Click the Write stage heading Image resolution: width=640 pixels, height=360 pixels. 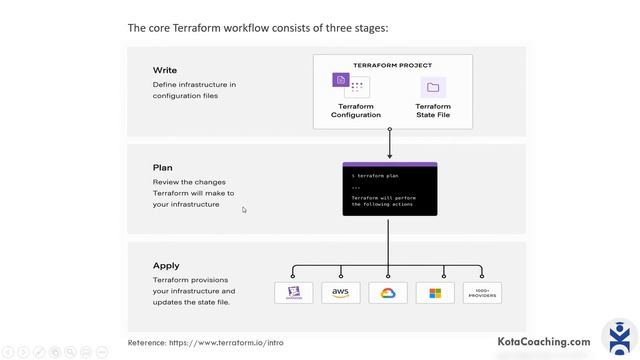click(165, 70)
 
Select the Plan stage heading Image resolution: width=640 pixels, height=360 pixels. click(163, 168)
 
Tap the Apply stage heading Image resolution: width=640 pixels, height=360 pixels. click(166, 266)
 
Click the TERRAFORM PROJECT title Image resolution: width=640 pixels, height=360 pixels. click(392, 65)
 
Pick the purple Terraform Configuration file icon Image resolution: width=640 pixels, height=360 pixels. click(341, 80)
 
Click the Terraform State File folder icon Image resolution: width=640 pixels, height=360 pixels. click(433, 87)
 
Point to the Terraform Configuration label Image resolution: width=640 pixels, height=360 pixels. click(356, 110)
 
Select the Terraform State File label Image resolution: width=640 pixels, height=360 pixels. click(433, 110)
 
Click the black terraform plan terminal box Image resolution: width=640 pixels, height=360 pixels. click(389, 189)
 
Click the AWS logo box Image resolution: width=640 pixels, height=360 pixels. click(341, 292)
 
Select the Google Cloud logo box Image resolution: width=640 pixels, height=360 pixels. click(388, 292)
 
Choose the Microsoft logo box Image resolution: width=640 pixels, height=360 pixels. click(435, 292)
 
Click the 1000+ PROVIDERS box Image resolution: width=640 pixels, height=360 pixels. click(482, 292)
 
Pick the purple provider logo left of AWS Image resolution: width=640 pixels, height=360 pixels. click(294, 292)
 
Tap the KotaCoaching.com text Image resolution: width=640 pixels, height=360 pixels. click(544, 342)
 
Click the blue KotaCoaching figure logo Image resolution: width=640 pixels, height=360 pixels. click(620, 338)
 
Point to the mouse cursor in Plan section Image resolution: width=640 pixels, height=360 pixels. click(244, 209)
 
